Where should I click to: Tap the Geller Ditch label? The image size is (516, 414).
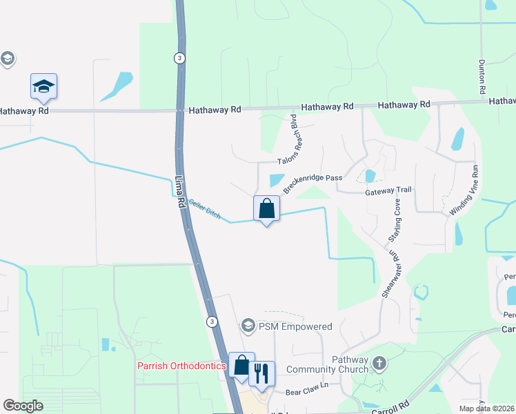click(205, 208)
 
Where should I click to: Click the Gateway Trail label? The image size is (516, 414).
click(388, 190)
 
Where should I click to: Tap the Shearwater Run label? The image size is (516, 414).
click(391, 273)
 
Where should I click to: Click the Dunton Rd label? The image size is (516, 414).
click(482, 77)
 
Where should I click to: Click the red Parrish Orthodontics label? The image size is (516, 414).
click(182, 366)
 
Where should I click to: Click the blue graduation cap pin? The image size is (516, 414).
click(43, 87)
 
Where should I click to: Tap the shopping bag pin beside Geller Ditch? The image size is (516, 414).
click(266, 208)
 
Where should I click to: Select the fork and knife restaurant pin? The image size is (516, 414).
click(261, 373)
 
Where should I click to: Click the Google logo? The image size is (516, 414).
click(23, 406)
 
